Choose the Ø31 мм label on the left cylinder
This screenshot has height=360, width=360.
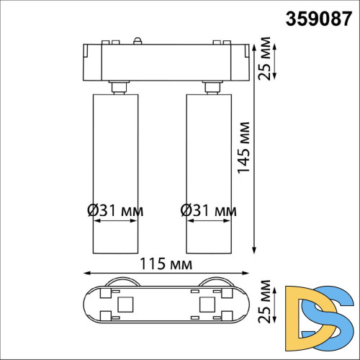point(114,211)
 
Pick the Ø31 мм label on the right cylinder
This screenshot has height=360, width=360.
point(207,211)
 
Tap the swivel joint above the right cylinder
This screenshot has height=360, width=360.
point(211,87)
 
